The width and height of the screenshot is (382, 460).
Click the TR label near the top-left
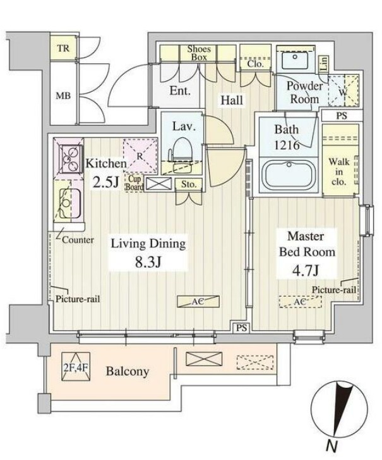click(x=63, y=48)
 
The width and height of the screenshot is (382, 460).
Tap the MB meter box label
click(x=63, y=96)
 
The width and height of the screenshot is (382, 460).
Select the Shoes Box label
click(x=199, y=53)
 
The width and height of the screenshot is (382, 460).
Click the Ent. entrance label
click(x=180, y=90)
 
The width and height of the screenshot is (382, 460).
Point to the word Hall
click(x=232, y=101)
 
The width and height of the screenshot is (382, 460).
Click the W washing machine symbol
click(x=343, y=90)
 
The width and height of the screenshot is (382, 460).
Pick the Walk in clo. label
click(x=338, y=171)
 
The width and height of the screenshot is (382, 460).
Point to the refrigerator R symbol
click(x=140, y=156)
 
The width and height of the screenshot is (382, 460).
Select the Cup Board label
click(x=134, y=183)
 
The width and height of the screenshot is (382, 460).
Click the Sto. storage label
click(x=189, y=184)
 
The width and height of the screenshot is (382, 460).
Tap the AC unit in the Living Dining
click(x=198, y=301)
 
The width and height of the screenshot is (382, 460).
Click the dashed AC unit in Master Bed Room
click(x=299, y=302)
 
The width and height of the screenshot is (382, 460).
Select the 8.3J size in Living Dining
click(x=148, y=262)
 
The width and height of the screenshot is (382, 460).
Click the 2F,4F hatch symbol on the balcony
click(x=76, y=367)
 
